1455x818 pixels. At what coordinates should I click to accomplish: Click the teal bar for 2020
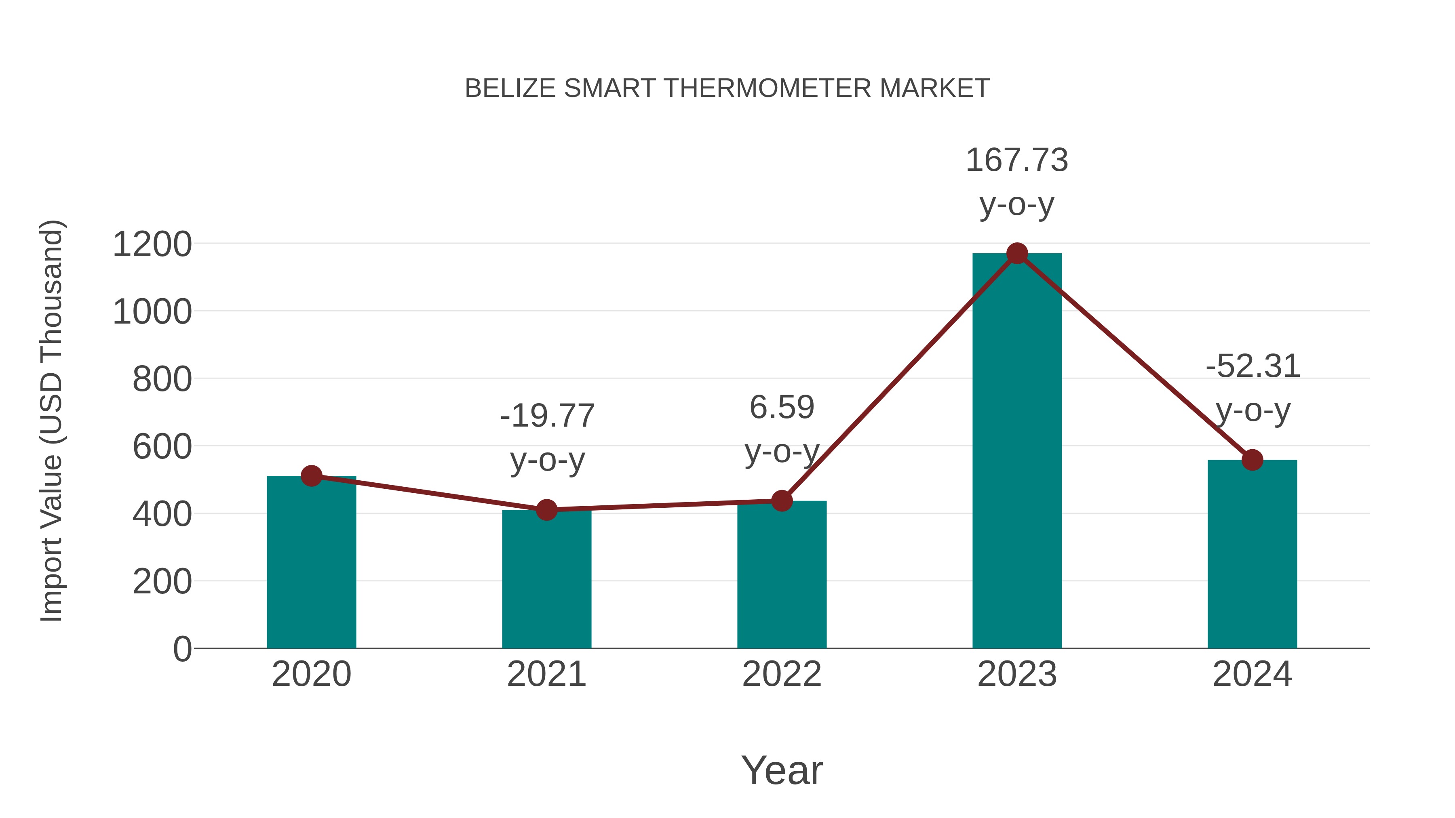tap(311, 565)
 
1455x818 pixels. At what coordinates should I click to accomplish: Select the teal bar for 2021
tap(546, 581)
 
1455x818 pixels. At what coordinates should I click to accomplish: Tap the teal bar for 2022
tap(782, 576)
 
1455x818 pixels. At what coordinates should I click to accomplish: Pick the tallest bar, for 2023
tap(1017, 452)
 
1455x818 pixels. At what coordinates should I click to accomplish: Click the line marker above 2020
tap(311, 476)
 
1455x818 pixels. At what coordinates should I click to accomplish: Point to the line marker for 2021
tap(546, 510)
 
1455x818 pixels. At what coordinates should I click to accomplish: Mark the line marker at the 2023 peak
tap(1017, 253)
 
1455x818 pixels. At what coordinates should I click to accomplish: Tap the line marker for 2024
tap(1252, 460)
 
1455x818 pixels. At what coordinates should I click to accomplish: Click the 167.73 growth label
tap(1017, 160)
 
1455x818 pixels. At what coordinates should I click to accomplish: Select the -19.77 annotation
tap(547, 416)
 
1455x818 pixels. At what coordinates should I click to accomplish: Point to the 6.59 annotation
tap(782, 408)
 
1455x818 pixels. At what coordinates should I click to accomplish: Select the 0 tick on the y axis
tap(182, 649)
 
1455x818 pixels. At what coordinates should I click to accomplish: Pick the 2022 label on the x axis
tap(782, 674)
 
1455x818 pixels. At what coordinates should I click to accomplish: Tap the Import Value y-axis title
tap(51, 421)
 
